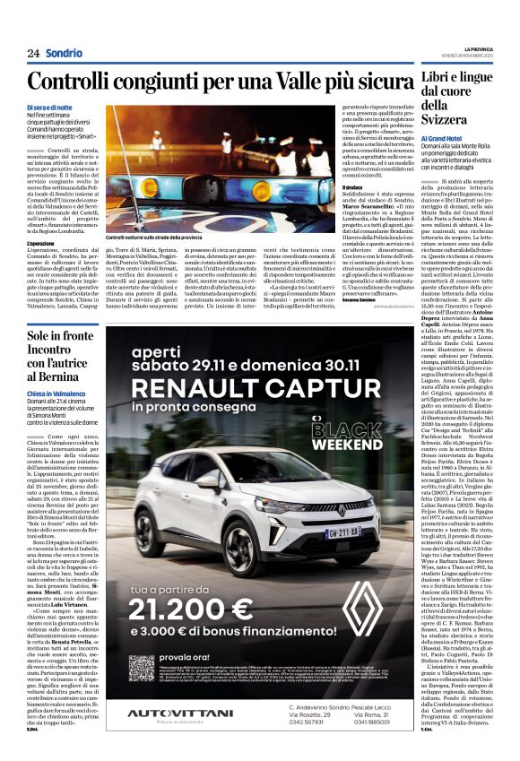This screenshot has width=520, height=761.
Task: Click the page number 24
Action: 32,53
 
